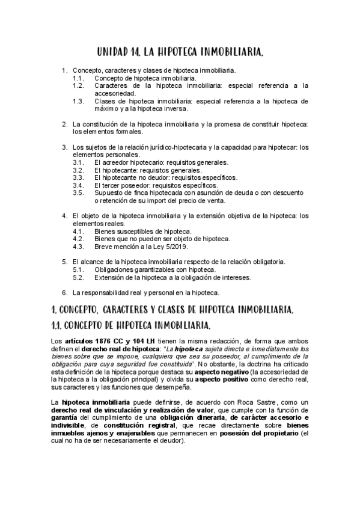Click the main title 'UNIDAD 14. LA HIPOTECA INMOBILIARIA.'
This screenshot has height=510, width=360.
tap(180, 54)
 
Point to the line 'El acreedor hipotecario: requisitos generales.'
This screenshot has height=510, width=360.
tap(162, 162)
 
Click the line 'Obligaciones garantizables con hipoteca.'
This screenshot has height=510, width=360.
tap(155, 269)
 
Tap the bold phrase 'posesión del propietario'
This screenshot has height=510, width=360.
tap(269, 432)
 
